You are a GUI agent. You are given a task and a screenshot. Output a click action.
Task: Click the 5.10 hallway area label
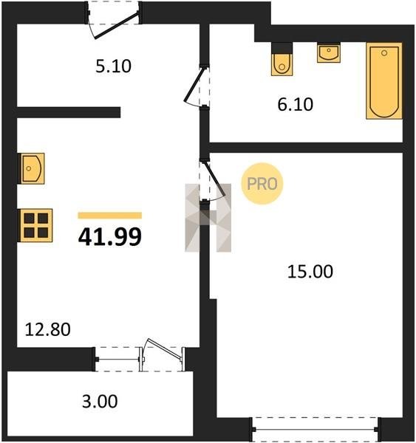coord(113,66)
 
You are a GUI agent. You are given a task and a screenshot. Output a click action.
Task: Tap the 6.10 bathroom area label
coord(296,104)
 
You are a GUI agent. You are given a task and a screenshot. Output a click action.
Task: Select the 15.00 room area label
coord(310,272)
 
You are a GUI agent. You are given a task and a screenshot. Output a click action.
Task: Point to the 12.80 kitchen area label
coord(48,330)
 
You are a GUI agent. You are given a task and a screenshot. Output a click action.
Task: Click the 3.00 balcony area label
coord(100,402)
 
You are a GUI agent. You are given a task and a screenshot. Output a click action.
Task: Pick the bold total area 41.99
coord(110,237)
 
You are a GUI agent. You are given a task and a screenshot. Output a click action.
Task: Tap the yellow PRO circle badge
coord(262,184)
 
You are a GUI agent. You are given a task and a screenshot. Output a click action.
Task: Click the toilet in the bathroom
coord(282,59)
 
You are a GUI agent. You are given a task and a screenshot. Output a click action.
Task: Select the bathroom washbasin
coord(329,52)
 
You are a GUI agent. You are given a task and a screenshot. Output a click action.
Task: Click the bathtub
coord(384,80)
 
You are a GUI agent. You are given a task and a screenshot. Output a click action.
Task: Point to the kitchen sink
coord(31,168)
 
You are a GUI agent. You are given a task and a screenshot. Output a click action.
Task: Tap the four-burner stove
coord(35,225)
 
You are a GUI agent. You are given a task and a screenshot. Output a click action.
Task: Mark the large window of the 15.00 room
coord(316,430)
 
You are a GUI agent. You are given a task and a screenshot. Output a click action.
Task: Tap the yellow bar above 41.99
coord(110,216)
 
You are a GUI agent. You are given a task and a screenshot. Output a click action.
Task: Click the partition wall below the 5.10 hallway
coord(69,112)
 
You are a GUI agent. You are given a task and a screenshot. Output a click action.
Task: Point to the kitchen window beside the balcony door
coord(117,360)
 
